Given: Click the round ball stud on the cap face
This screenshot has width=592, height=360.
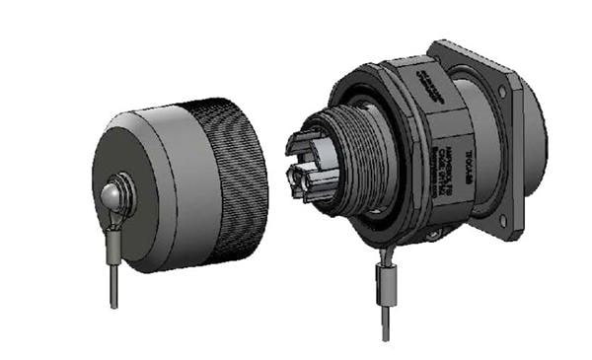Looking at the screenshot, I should (111, 194).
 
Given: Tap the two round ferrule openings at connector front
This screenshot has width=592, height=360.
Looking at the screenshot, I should (301, 178).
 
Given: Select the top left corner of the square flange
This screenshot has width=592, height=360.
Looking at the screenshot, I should (437, 46).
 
